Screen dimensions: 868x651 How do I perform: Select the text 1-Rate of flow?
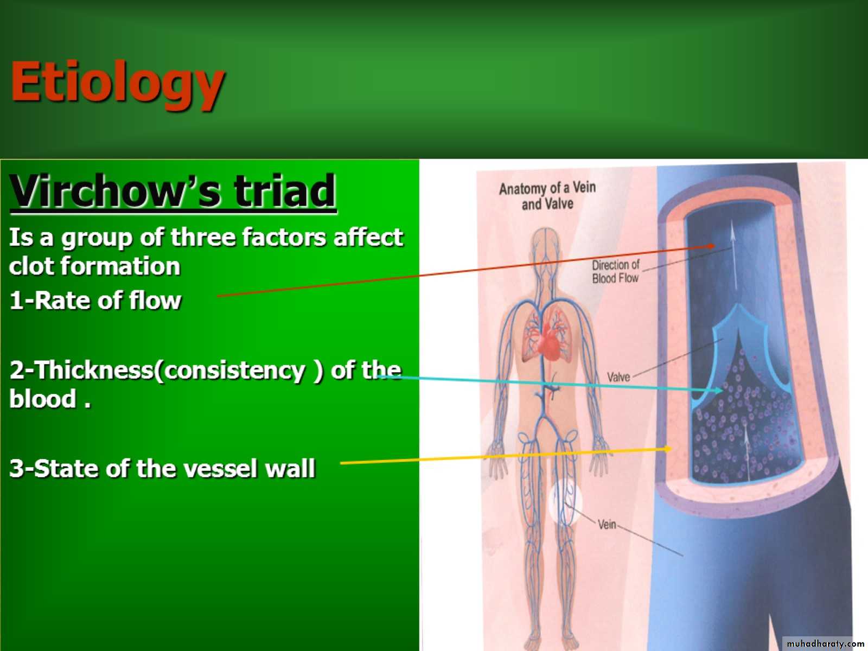(x=95, y=301)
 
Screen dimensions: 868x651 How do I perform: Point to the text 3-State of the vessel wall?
(x=163, y=468)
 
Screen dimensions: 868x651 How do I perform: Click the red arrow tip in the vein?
(x=711, y=245)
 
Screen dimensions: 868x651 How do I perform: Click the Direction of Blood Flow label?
(x=615, y=272)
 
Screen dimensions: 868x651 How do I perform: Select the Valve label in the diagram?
(x=618, y=376)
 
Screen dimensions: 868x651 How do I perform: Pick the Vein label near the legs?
(x=607, y=525)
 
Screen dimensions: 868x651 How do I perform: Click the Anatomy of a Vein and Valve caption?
(x=547, y=196)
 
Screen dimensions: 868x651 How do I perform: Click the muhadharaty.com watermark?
(x=825, y=643)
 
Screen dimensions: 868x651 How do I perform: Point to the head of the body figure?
(x=545, y=242)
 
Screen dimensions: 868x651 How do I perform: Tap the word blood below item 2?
(x=43, y=398)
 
